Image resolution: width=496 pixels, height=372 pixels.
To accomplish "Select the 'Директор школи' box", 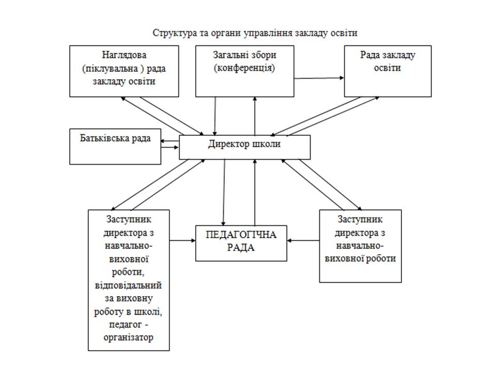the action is coord(244,147).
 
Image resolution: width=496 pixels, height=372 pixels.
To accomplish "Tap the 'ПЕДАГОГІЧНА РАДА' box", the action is coord(241,243).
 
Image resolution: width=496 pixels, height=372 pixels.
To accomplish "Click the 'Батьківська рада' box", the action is coord(115,146).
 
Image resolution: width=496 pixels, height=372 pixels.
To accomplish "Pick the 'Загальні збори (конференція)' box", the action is coord(244,71).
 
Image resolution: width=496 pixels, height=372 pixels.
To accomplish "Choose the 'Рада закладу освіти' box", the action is coord(388,71).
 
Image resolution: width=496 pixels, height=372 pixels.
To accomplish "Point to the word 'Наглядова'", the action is coord(124,55).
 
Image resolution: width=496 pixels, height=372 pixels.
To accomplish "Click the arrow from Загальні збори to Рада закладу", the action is coord(319,78).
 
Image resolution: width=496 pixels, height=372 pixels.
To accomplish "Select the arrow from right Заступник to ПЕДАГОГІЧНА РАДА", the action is coord(303,241).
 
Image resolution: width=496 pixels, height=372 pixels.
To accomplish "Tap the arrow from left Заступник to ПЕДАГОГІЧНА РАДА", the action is coord(182,241).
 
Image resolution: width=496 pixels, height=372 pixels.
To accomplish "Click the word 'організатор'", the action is coord(129,338).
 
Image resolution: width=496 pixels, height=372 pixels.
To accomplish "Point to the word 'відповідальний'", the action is coord(129,285).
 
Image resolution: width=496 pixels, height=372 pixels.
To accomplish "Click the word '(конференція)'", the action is coord(244,68).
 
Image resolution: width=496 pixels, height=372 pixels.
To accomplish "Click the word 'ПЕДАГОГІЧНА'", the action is coord(241,235).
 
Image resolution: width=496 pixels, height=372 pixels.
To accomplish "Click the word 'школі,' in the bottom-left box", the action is coord(148,312).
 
